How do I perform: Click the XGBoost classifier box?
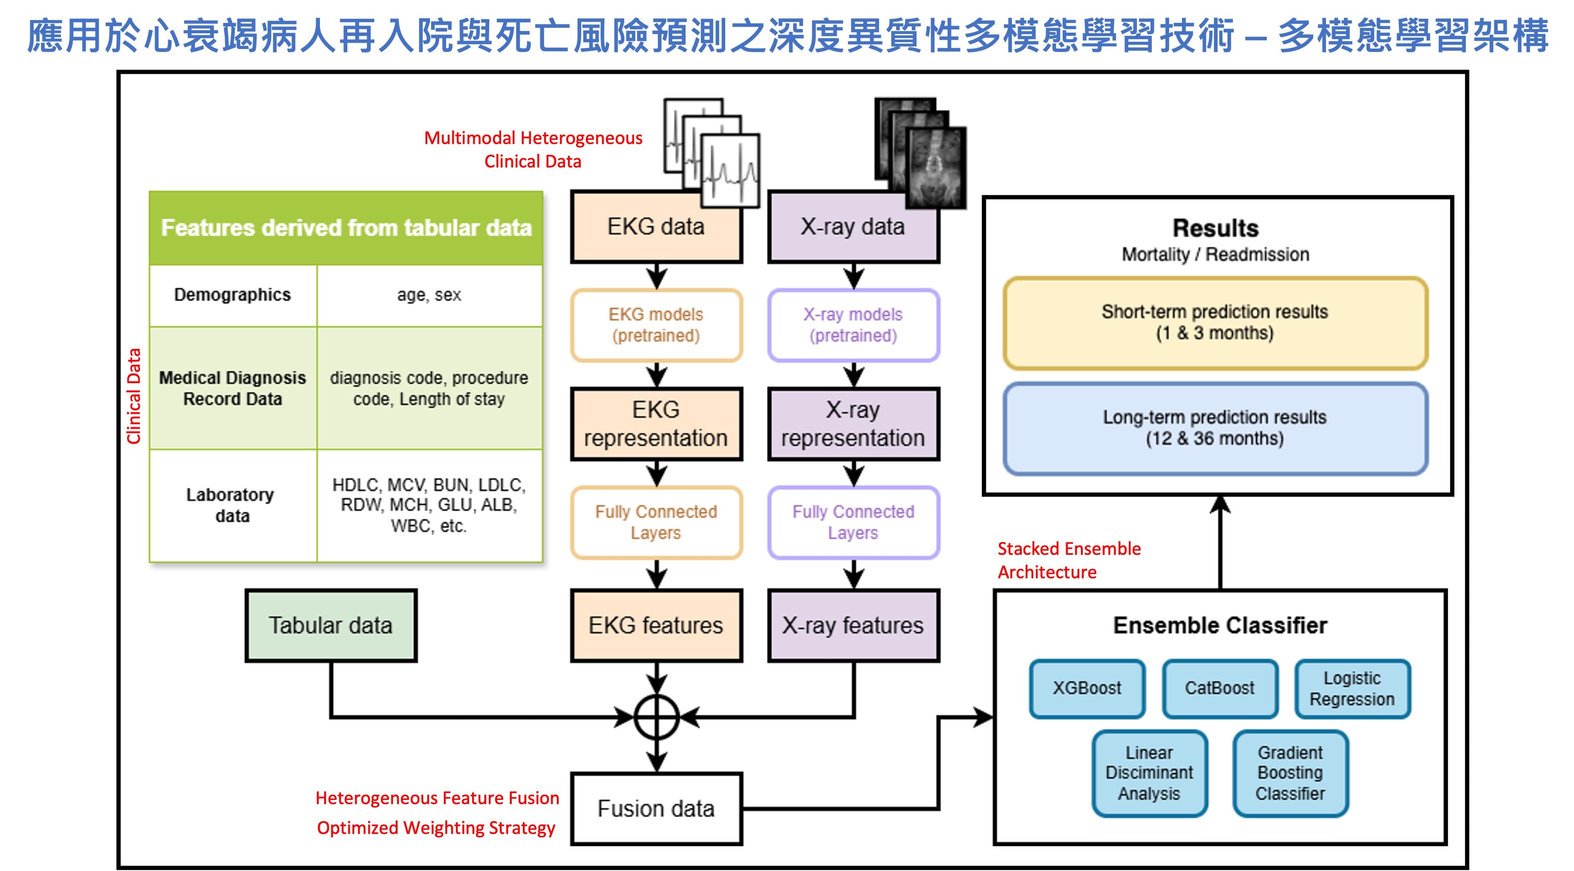coord(1087,688)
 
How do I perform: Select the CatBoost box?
coord(1219,688)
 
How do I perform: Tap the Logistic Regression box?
coord(1352,688)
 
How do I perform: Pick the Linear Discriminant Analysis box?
coord(1149,773)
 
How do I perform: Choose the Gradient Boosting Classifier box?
coord(1290,773)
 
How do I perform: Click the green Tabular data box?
coord(331,625)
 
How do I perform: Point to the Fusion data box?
coord(656,809)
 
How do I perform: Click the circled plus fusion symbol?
coord(656,718)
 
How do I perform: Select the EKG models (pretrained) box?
coord(656,325)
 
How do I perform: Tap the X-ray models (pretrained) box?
coord(853,325)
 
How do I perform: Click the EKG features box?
coord(656,625)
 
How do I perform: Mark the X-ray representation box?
coord(853,424)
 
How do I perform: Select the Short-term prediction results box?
coord(1215,323)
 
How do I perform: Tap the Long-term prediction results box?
coord(1215,428)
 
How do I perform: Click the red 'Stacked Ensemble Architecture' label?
coord(1069,560)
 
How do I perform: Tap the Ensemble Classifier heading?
coord(1219,625)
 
